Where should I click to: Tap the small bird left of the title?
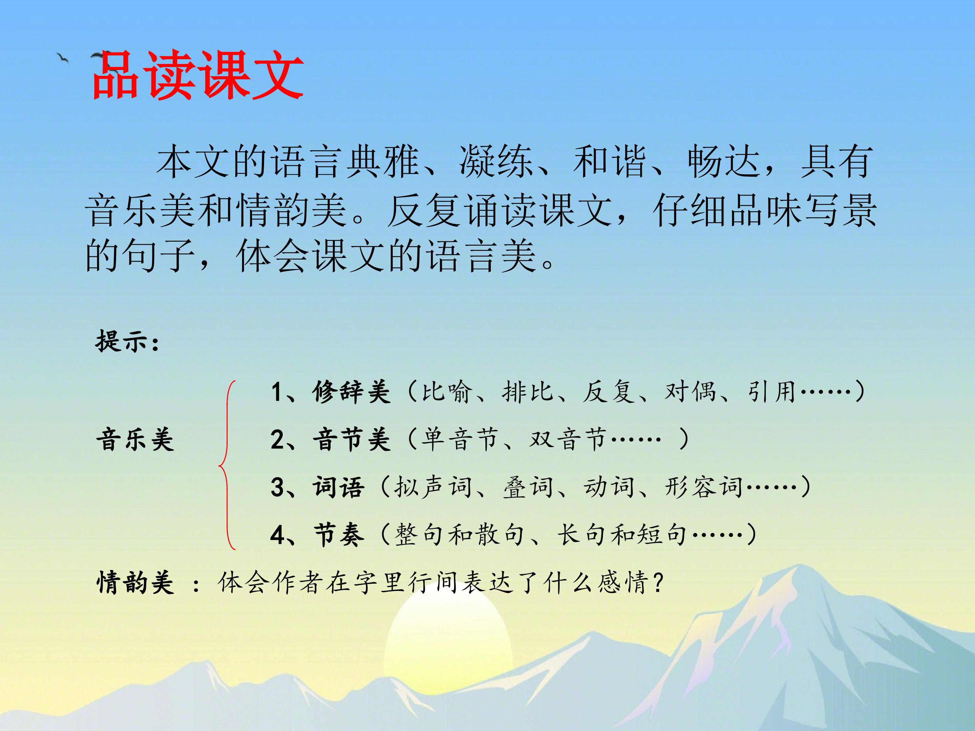63,58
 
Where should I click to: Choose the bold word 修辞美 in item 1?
351,392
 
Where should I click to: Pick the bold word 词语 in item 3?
339,487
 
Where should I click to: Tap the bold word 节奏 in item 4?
339,535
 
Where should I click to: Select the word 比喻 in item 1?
447,392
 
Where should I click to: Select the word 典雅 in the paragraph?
382,162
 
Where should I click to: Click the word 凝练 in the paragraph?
496,162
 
